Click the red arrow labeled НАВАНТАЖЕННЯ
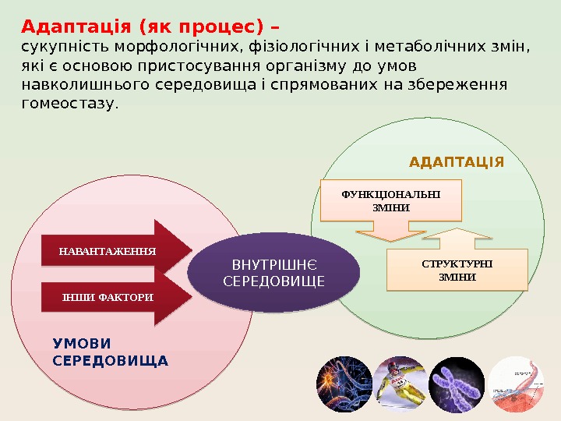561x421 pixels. [x=109, y=251]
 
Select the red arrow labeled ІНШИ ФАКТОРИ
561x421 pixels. [x=109, y=297]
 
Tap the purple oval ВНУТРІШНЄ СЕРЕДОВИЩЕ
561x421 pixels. [x=273, y=272]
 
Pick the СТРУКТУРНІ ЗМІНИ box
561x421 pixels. [x=457, y=270]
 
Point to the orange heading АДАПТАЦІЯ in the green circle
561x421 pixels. [x=457, y=162]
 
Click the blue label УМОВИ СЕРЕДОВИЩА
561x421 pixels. [x=110, y=352]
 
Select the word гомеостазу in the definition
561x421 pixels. [x=70, y=102]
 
